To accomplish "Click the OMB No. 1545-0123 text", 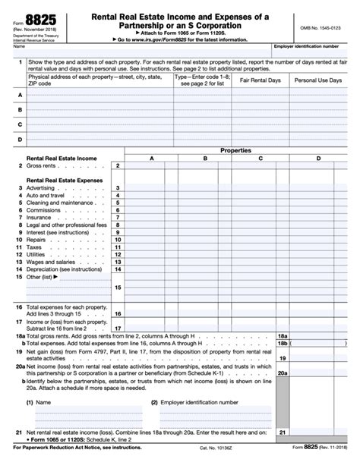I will tap(321, 27).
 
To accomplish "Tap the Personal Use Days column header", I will tap(319, 79).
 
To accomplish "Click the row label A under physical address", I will tap(20, 96).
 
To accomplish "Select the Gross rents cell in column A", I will tap(151, 165).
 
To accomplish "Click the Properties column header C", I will tap(260, 158).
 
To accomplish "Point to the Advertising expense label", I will tap(40, 187).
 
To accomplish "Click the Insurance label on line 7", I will tap(39, 217).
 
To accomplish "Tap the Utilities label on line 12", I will tap(37, 254).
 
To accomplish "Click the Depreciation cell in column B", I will tap(205, 269).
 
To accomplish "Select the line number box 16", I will tap(118, 313).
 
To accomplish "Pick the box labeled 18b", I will tap(282, 343).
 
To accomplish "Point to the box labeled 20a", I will tap(282, 373).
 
